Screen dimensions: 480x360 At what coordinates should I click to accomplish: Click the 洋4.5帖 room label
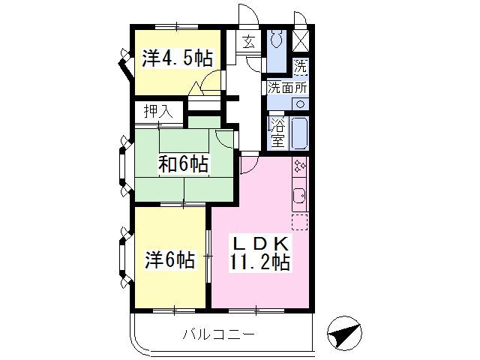pyautogui.click(x=177, y=58)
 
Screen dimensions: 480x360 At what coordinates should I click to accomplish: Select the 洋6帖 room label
pyautogui.click(x=170, y=260)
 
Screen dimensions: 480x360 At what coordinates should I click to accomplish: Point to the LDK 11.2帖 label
pyautogui.click(x=260, y=253)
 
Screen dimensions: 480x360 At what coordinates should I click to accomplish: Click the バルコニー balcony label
pyautogui.click(x=218, y=334)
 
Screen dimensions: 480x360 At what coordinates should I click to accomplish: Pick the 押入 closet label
pyautogui.click(x=158, y=112)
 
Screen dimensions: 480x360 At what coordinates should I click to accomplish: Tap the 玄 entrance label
pyautogui.click(x=249, y=42)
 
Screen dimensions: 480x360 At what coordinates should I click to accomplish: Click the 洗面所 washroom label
pyautogui.click(x=286, y=88)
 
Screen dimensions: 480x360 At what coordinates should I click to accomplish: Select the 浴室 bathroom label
pyautogui.click(x=278, y=132)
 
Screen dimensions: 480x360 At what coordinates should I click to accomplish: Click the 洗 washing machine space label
pyautogui.click(x=300, y=66)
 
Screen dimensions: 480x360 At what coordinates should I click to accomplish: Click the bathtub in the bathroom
pyautogui.click(x=299, y=133)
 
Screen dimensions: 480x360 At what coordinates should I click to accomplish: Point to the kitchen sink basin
pyautogui.click(x=299, y=195)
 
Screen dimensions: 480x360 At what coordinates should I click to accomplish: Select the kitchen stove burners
pyautogui.click(x=300, y=166)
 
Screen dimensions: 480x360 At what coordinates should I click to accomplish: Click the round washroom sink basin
pyautogui.click(x=301, y=104)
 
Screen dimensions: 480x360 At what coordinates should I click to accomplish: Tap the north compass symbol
pyautogui.click(x=344, y=333)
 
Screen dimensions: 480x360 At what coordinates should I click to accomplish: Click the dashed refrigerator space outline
pyautogui.click(x=300, y=222)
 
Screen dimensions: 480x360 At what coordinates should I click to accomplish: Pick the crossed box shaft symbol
pyautogui.click(x=301, y=40)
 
